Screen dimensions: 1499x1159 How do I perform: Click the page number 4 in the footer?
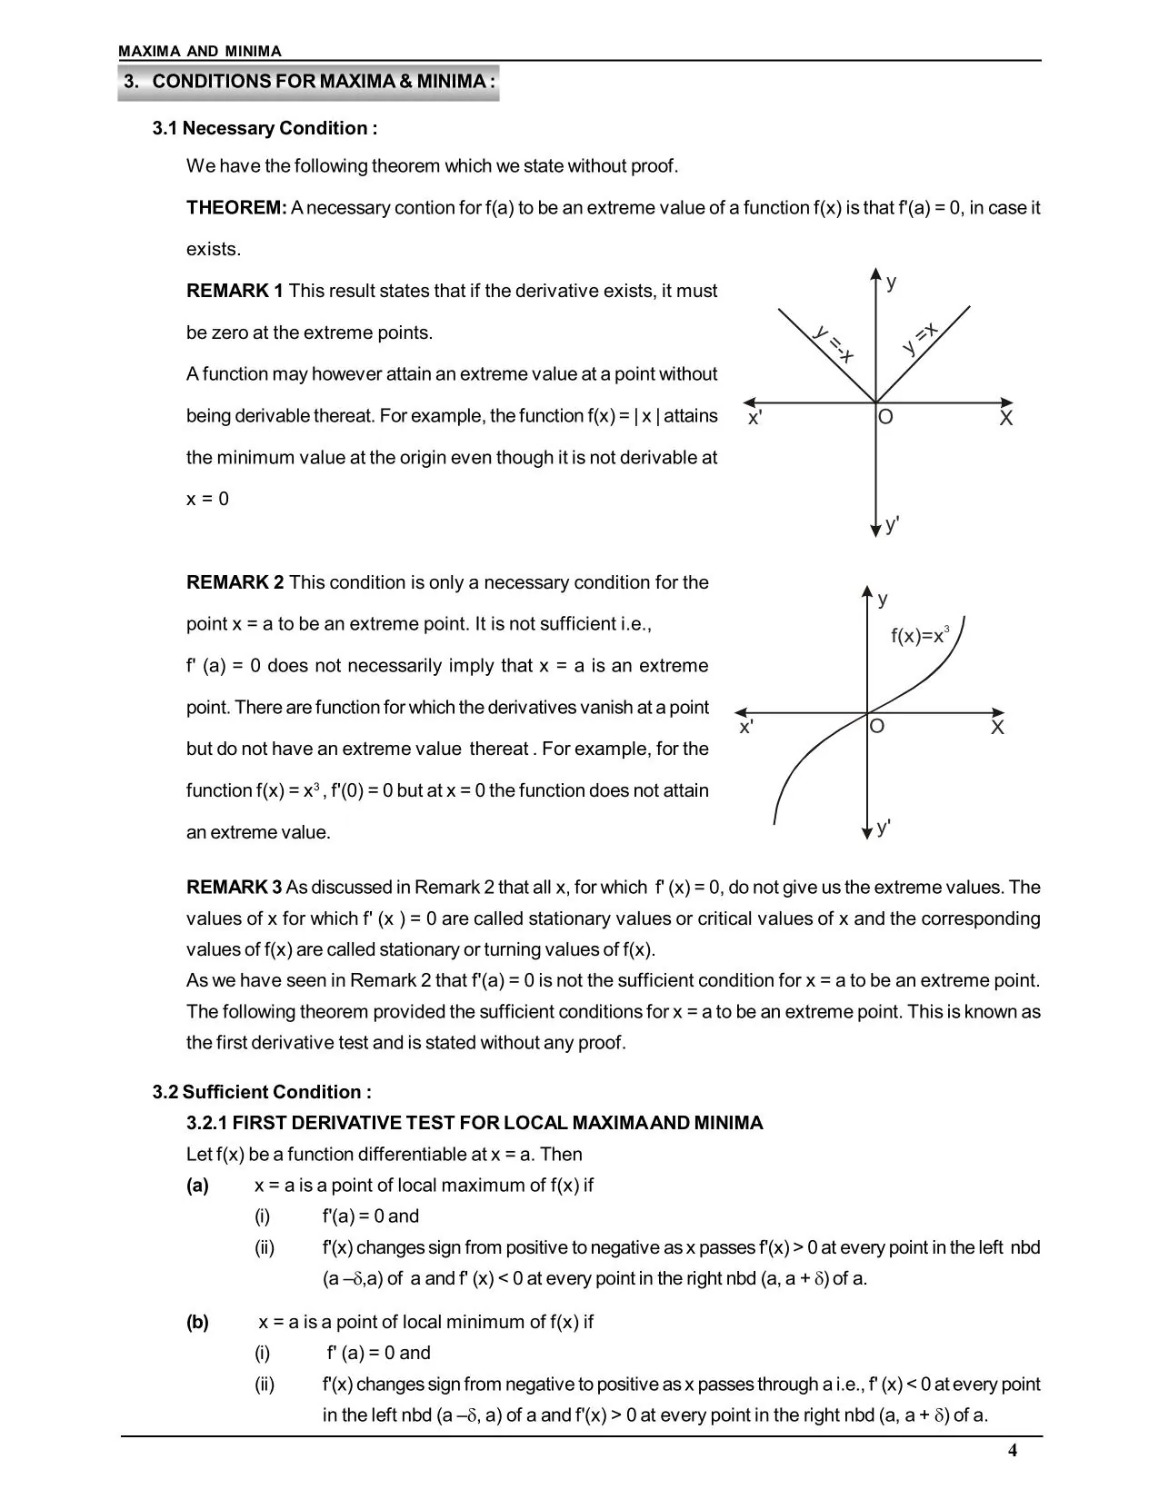point(1013,1451)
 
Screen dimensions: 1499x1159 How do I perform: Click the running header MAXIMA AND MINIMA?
point(200,52)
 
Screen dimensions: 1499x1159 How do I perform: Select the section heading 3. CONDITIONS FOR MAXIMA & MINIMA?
point(310,82)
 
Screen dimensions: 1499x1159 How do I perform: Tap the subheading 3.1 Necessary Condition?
point(265,128)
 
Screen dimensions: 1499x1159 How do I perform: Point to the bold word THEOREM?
point(236,208)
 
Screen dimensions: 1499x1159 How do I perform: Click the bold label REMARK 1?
point(235,292)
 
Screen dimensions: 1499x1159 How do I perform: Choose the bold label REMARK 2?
point(235,582)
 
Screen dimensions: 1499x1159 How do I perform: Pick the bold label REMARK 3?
point(235,888)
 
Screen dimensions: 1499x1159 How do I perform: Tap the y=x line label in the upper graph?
point(920,339)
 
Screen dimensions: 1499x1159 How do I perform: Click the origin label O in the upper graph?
point(885,418)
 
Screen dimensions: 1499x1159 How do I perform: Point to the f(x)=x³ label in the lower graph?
point(920,635)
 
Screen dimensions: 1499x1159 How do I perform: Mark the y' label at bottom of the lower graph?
point(884,827)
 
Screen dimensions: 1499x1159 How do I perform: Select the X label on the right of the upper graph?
point(1005,419)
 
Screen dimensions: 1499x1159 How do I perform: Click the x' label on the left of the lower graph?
point(746,728)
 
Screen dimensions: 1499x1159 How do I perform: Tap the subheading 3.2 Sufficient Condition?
point(262,1092)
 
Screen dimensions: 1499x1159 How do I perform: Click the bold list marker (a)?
point(197,1186)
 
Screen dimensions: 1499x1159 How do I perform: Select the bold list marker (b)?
point(197,1323)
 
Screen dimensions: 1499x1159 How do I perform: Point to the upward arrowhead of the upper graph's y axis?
point(875,273)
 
